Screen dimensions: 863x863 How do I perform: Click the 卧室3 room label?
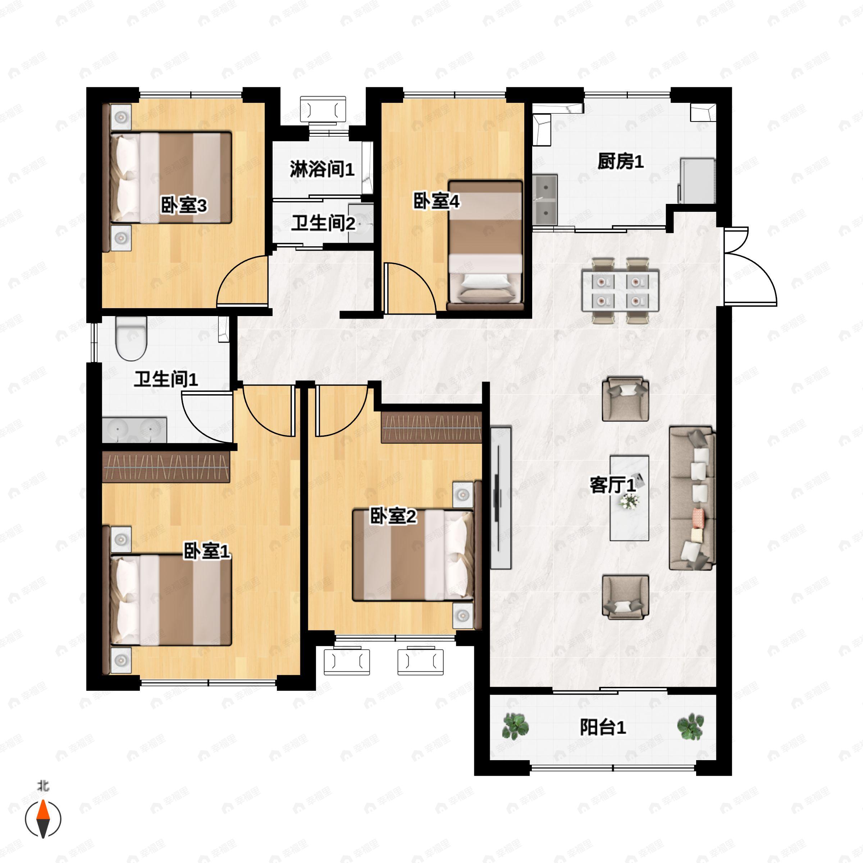(184, 206)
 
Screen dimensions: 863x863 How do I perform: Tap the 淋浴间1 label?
(322, 169)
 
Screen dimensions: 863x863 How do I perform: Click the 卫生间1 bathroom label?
(166, 379)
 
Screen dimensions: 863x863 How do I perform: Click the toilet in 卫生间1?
(131, 339)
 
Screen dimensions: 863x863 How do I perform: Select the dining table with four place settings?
(620, 290)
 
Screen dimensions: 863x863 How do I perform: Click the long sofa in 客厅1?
(692, 498)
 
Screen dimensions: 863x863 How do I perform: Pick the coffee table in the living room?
(629, 498)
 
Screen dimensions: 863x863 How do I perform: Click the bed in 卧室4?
(485, 245)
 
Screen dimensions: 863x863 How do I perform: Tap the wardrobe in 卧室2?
(431, 427)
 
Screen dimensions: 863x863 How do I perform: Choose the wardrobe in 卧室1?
(166, 466)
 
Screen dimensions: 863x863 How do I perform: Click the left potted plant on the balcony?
(516, 726)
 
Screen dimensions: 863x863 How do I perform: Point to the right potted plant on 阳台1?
(690, 726)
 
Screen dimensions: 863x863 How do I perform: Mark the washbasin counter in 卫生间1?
(134, 430)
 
